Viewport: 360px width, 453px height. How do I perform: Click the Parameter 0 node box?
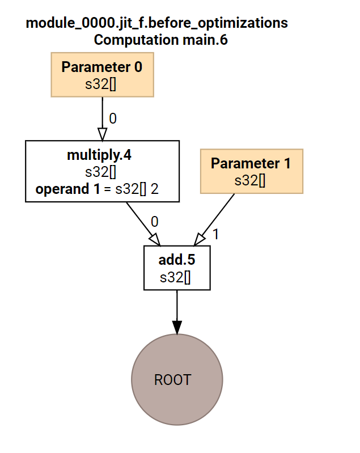102,74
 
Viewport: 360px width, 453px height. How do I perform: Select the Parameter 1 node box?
251,171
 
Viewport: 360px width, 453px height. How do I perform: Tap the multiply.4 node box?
102,171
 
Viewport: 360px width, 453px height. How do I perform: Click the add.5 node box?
177,268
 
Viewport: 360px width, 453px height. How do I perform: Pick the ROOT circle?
177,379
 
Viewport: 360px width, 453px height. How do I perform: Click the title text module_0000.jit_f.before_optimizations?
156,23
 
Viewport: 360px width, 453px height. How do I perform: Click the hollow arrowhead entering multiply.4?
102,134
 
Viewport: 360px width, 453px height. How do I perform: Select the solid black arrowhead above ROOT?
177,327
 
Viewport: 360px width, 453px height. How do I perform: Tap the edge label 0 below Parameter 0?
112,118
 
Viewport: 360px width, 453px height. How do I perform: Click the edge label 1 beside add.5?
215,234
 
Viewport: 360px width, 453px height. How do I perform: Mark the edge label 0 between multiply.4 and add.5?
154,221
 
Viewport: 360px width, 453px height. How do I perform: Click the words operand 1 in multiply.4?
63,189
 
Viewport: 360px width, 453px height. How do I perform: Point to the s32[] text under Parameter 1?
251,180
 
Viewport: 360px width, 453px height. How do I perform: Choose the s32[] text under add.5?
177,278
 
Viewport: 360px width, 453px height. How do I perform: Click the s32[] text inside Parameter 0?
102,84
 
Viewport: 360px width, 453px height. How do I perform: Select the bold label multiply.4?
102,155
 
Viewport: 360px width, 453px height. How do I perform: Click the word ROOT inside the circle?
172,380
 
